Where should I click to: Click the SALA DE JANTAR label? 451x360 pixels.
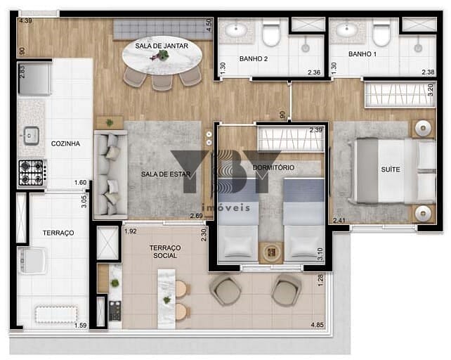162,46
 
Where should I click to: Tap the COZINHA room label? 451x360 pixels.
65,143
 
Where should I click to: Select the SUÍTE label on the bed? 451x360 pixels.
391,169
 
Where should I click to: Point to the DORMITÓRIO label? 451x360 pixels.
273,167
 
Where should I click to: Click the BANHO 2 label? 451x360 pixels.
254,59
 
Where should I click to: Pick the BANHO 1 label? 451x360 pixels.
362,54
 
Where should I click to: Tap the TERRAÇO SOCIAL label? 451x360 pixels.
165,252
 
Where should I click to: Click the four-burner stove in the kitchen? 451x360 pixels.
31,173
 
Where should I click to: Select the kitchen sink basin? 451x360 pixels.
32,136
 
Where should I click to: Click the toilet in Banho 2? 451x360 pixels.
271,33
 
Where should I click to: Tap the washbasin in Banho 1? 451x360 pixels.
346,29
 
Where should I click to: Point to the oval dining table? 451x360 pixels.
162,56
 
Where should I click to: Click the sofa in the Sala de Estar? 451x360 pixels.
111,175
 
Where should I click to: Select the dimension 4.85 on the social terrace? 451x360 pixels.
317,325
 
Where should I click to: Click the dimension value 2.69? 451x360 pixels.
197,216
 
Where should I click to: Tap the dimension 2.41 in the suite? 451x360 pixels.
339,221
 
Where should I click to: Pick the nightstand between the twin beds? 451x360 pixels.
271,252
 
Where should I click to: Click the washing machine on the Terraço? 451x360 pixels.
32,260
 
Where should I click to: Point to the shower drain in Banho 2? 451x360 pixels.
306,48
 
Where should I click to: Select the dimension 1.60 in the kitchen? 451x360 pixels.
80,183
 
